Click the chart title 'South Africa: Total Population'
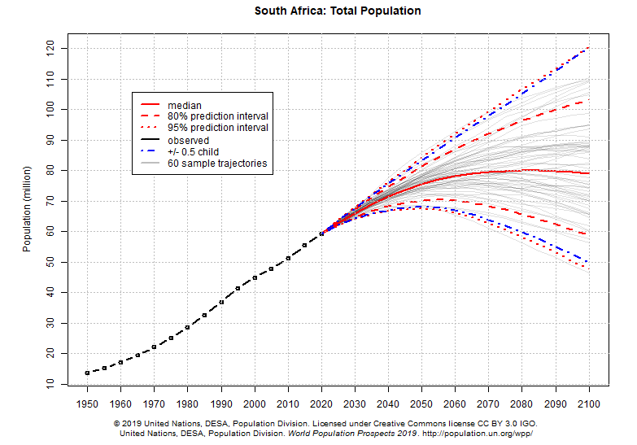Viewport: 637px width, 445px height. click(338, 11)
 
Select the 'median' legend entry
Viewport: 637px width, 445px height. click(185, 106)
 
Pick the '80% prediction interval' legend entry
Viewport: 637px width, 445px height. click(217, 117)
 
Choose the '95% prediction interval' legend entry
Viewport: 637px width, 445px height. click(217, 129)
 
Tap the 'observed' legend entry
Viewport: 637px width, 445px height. click(188, 141)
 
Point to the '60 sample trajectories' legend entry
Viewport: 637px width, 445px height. click(217, 164)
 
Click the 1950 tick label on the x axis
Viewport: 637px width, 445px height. click(87, 404)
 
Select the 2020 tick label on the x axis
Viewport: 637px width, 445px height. click(321, 404)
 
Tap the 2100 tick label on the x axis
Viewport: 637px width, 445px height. click(588, 404)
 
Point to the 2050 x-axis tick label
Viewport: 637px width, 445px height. click(421, 404)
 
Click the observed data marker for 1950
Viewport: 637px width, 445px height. click(87, 373)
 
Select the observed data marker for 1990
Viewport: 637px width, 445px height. click(221, 302)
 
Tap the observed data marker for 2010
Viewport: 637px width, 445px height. click(288, 258)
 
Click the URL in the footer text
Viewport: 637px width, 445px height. click(490, 434)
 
